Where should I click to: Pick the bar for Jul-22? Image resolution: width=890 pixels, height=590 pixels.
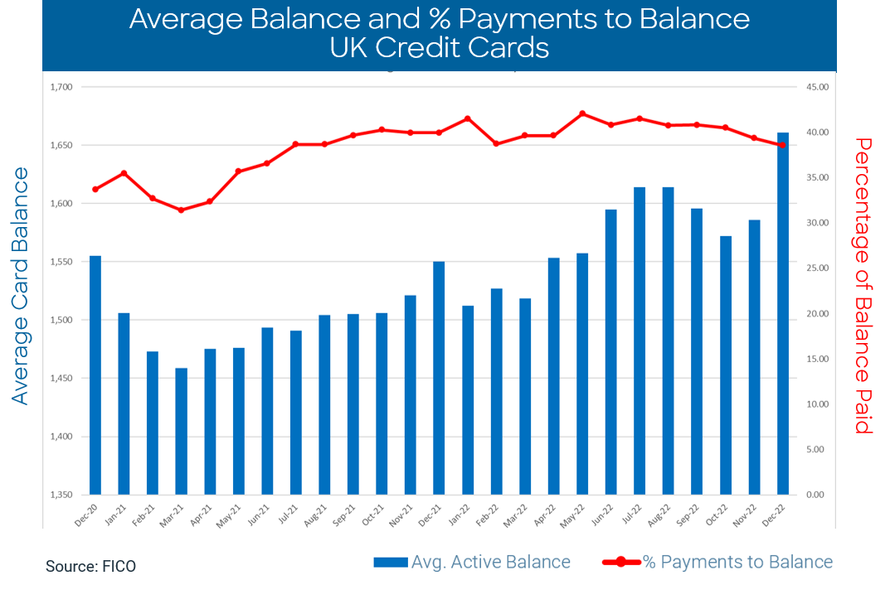(640, 341)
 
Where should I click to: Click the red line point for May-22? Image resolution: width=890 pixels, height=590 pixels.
(582, 114)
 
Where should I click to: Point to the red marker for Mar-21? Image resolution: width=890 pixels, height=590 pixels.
(181, 210)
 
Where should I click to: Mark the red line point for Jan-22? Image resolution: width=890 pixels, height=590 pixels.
(468, 118)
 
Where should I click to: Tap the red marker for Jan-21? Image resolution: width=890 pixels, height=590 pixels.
(124, 173)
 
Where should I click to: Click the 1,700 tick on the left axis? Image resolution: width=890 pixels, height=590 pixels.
(62, 87)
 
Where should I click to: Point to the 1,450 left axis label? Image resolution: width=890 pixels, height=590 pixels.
(62, 378)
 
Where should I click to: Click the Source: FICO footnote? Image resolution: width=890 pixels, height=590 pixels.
(90, 567)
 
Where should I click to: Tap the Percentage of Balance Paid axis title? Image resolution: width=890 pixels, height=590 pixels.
(865, 286)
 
